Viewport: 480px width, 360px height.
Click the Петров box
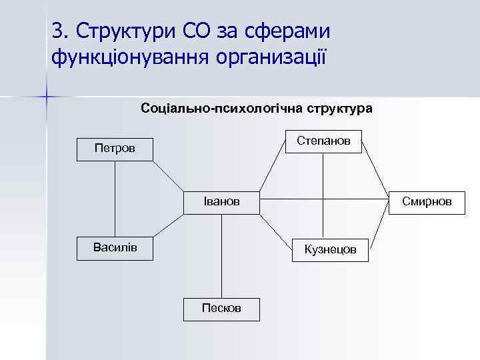coord(114,148)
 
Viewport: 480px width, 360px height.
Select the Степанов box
coord(323,141)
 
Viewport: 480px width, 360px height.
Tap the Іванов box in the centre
coord(222,201)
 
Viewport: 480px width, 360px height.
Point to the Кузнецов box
coord(330,249)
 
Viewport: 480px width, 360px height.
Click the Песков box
coord(222,308)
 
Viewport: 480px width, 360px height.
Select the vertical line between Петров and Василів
coord(115,198)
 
